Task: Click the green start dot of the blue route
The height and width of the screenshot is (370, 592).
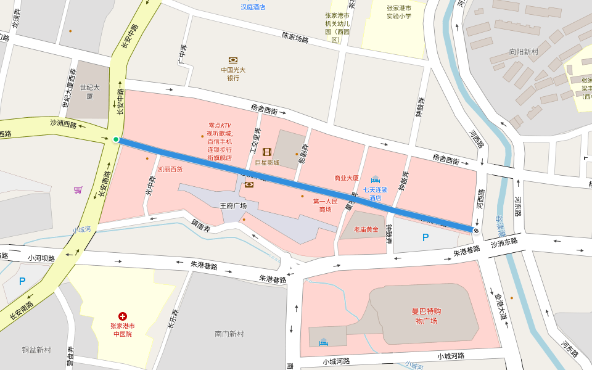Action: (116, 139)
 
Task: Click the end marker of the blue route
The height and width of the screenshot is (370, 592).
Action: (476, 229)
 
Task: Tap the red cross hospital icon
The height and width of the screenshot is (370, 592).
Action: (123, 316)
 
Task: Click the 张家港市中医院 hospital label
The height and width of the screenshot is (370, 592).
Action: (123, 330)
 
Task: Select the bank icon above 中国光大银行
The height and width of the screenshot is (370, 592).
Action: (233, 60)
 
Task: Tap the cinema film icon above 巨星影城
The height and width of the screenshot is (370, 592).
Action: (267, 152)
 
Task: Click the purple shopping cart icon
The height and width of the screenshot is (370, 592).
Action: (78, 190)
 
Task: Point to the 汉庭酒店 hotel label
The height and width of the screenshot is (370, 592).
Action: (253, 7)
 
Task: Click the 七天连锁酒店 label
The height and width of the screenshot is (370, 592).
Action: (375, 194)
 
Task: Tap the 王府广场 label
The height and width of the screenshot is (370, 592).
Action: (233, 205)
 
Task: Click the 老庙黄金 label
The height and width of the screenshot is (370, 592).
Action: (366, 229)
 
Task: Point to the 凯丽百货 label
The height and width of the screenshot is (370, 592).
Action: (170, 169)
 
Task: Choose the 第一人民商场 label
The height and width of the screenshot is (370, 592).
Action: (326, 205)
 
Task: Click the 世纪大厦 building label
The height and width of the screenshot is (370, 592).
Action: (89, 92)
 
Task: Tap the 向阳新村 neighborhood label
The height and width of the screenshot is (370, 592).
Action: (524, 52)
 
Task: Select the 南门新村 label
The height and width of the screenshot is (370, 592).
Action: (229, 334)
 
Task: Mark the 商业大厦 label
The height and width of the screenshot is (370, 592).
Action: (347, 178)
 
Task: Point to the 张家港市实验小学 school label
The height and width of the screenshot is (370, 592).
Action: (398, 12)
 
